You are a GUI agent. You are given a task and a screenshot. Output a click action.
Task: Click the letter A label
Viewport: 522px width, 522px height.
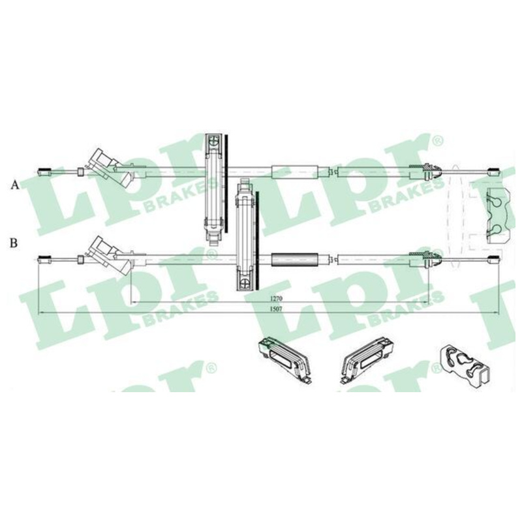14,185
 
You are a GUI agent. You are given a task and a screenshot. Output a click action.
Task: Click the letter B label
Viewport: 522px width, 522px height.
14,243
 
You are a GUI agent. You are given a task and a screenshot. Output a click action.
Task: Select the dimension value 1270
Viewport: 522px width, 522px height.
276,299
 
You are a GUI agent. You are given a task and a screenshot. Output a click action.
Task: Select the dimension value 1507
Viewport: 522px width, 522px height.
276,309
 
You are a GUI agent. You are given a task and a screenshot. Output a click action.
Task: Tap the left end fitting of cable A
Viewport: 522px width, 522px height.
44,172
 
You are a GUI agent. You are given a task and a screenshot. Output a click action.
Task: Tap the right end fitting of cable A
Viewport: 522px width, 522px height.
494,172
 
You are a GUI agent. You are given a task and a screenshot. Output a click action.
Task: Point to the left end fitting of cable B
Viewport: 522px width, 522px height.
44,258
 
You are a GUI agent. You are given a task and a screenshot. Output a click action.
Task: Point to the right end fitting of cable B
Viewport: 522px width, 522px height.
494,258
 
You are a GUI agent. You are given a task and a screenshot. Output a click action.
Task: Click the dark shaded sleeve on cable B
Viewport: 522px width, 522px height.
295,259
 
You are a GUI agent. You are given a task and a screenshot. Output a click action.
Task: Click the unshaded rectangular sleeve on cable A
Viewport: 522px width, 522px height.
295,172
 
